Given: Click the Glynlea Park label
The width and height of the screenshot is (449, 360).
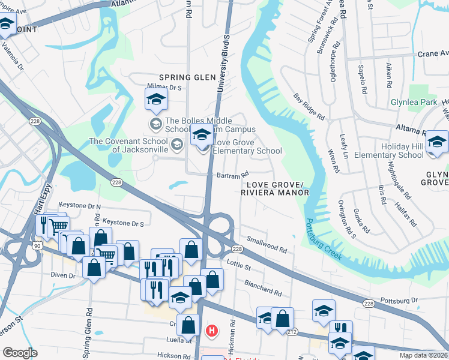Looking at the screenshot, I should [414, 103].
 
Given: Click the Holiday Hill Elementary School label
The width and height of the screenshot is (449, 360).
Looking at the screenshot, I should [389, 151].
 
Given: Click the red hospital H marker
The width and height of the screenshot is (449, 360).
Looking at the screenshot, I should [211, 330].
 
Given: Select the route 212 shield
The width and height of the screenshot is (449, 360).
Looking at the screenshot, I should [292, 331].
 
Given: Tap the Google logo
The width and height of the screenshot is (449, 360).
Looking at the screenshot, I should [20, 352].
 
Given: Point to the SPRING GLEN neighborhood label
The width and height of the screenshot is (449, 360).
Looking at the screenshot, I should [187, 77].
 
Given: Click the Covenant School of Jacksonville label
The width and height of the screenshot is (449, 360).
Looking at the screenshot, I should [129, 145].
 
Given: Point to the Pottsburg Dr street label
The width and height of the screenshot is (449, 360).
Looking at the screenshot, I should [399, 299].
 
